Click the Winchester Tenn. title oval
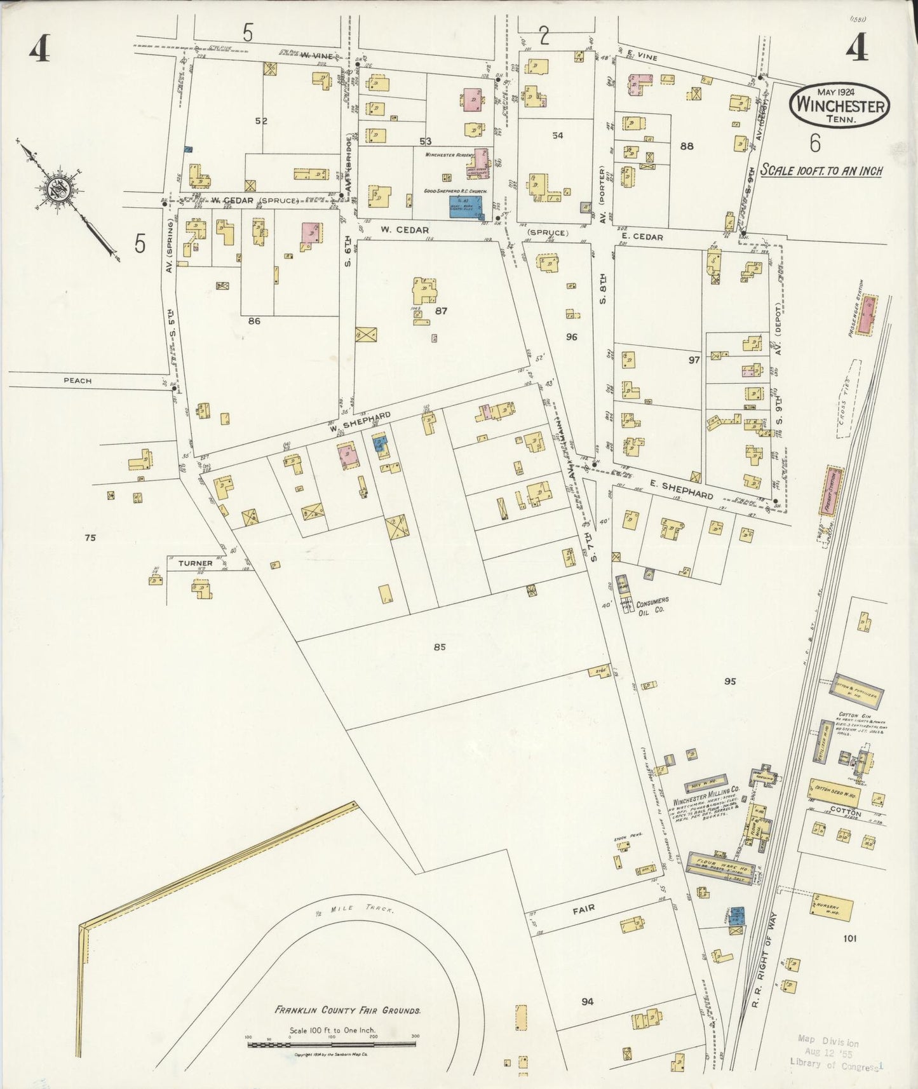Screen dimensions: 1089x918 [840, 105]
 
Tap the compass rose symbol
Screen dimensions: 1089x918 [62, 189]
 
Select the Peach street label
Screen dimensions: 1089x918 [78, 381]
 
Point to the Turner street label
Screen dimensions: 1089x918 [195, 563]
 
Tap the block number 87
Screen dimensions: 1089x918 [442, 311]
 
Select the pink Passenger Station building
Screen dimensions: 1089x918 [867, 315]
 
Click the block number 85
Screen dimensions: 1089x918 [440, 647]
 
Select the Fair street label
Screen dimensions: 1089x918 [583, 909]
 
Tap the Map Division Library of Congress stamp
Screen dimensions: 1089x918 [834, 1053]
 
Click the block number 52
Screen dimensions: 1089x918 [261, 121]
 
